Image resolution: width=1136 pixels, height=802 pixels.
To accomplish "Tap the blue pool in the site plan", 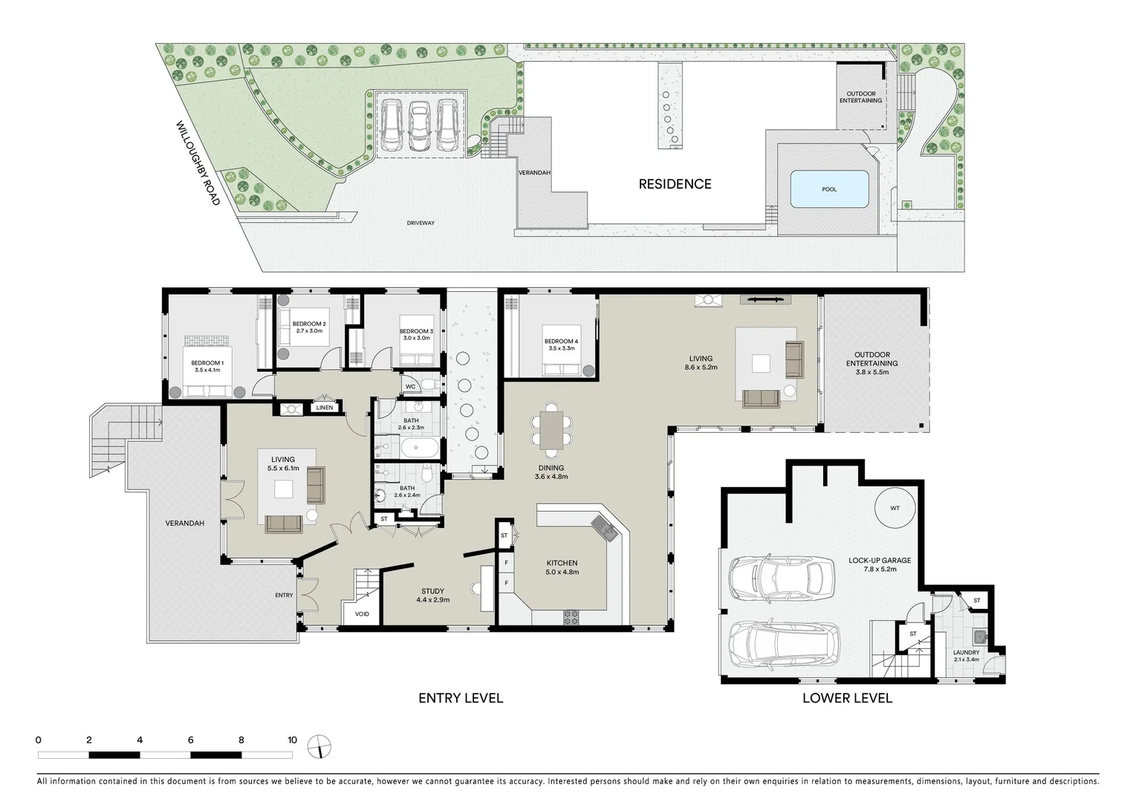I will [829, 189].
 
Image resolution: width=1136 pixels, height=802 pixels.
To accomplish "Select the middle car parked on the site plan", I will [420, 125].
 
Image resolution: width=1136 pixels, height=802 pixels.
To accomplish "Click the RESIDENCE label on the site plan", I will [675, 184].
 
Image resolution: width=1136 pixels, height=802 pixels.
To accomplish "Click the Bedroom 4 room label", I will [560, 345].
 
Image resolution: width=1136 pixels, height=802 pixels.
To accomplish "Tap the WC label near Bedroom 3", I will [411, 387].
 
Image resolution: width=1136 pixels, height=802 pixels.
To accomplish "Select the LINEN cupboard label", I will [325, 408].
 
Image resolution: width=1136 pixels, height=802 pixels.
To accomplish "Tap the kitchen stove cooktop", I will [571, 616].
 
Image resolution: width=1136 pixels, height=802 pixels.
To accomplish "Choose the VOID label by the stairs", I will [362, 614].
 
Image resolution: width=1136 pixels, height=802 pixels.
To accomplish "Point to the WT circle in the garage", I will [895, 509].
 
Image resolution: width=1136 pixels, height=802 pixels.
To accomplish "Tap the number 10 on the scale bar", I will [292, 740].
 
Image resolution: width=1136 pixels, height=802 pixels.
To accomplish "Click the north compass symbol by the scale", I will [319, 746].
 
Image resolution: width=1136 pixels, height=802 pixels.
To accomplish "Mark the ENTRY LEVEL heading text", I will [461, 698].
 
